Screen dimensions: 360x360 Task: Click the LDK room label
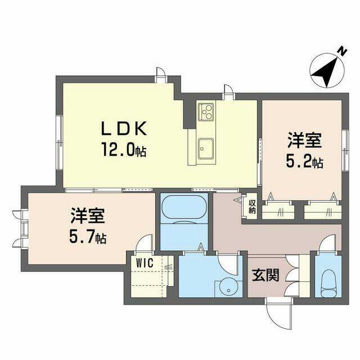pos(124,129)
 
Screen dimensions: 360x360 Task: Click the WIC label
pos(145,263)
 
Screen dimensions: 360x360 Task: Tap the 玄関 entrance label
pos(265,275)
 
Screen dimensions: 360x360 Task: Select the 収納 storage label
pos(252,207)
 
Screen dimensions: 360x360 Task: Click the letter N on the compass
pos(343,52)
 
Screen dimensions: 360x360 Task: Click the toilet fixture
pos(328,283)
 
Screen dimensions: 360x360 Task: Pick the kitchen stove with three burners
pos(206,112)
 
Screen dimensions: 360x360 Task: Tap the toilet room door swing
pos(328,243)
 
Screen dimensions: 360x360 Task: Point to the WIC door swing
pos(144,244)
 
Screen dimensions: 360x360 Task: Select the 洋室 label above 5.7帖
pos(88,215)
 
